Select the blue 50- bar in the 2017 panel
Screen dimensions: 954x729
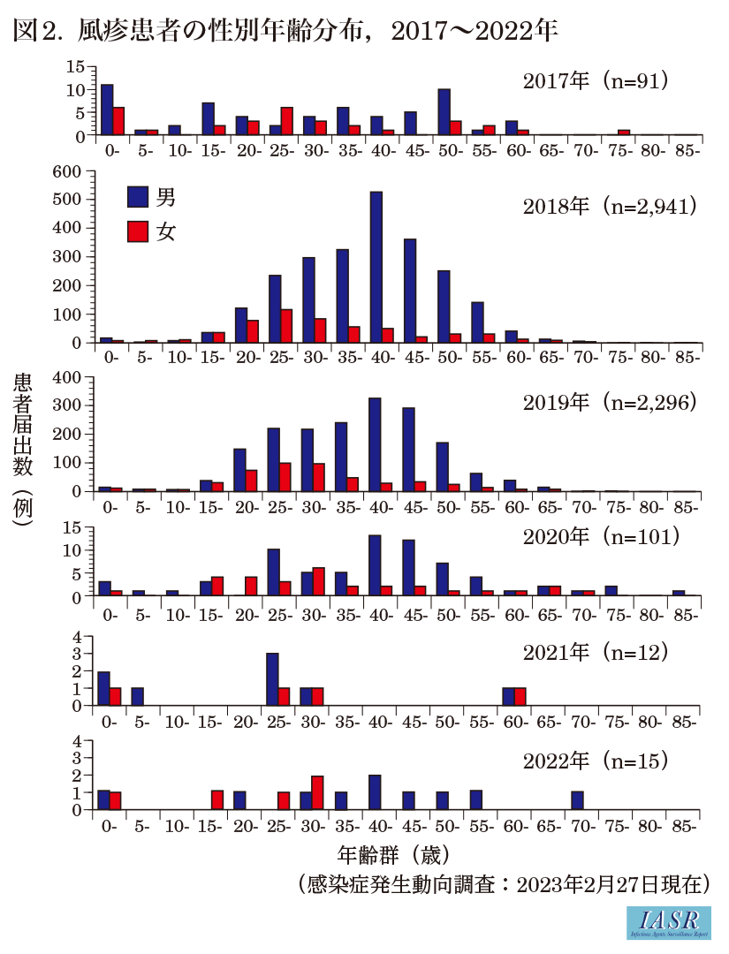click(x=444, y=112)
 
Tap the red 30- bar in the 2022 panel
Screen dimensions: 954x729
click(x=318, y=792)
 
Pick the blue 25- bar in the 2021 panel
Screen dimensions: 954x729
click(x=273, y=679)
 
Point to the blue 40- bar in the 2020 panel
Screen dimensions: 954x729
click(x=375, y=566)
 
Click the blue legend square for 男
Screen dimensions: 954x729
click(x=138, y=196)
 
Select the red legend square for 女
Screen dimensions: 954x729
click(x=138, y=231)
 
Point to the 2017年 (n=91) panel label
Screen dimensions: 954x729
click(x=594, y=81)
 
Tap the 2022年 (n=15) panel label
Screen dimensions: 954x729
click(x=594, y=760)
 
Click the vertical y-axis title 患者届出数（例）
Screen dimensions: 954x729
click(x=23, y=450)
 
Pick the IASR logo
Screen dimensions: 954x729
click(x=668, y=922)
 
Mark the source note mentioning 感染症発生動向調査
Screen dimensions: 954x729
click(x=503, y=883)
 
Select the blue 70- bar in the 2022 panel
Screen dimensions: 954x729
click(x=577, y=800)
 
